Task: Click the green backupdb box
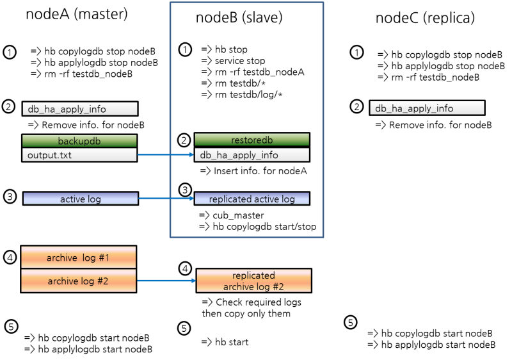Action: point(79,141)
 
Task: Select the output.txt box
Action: point(79,155)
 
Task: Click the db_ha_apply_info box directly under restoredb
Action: point(252,155)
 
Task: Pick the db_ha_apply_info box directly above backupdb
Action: point(79,109)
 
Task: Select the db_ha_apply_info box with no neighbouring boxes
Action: point(427,108)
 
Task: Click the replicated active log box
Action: point(252,199)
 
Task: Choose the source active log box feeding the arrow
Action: point(80,199)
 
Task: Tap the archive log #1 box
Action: point(78,258)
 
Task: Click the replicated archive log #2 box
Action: point(253,281)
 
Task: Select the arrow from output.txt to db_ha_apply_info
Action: point(165,155)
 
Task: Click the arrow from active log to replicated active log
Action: point(165,199)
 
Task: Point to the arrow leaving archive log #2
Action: point(165,281)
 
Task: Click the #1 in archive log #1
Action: point(104,258)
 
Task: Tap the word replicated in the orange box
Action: point(253,275)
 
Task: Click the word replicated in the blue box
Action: point(230,199)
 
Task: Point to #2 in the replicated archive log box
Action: point(276,286)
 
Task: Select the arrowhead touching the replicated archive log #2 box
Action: point(193,281)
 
